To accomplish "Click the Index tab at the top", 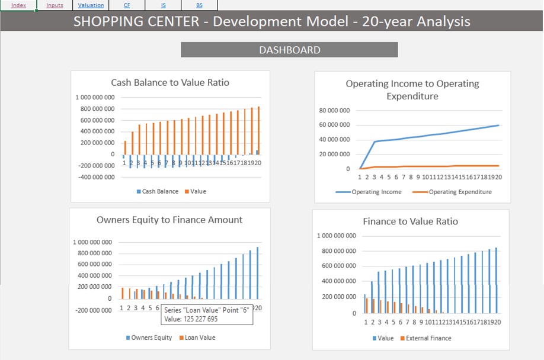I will pos(18,5).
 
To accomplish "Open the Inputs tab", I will pos(55,5).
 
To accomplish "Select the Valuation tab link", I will pos(91,5).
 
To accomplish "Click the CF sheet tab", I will pos(127,5).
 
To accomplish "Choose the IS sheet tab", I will pos(163,5).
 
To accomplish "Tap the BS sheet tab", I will pos(199,5).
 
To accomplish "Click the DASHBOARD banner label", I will pos(289,50).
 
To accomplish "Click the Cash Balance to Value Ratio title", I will pos(170,83).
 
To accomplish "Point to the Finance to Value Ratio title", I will pos(410,221).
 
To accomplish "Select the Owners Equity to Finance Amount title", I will pos(169,220).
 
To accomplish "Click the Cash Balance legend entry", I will pos(159,192).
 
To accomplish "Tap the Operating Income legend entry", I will pos(376,192).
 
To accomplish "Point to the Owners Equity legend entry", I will pos(151,337).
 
